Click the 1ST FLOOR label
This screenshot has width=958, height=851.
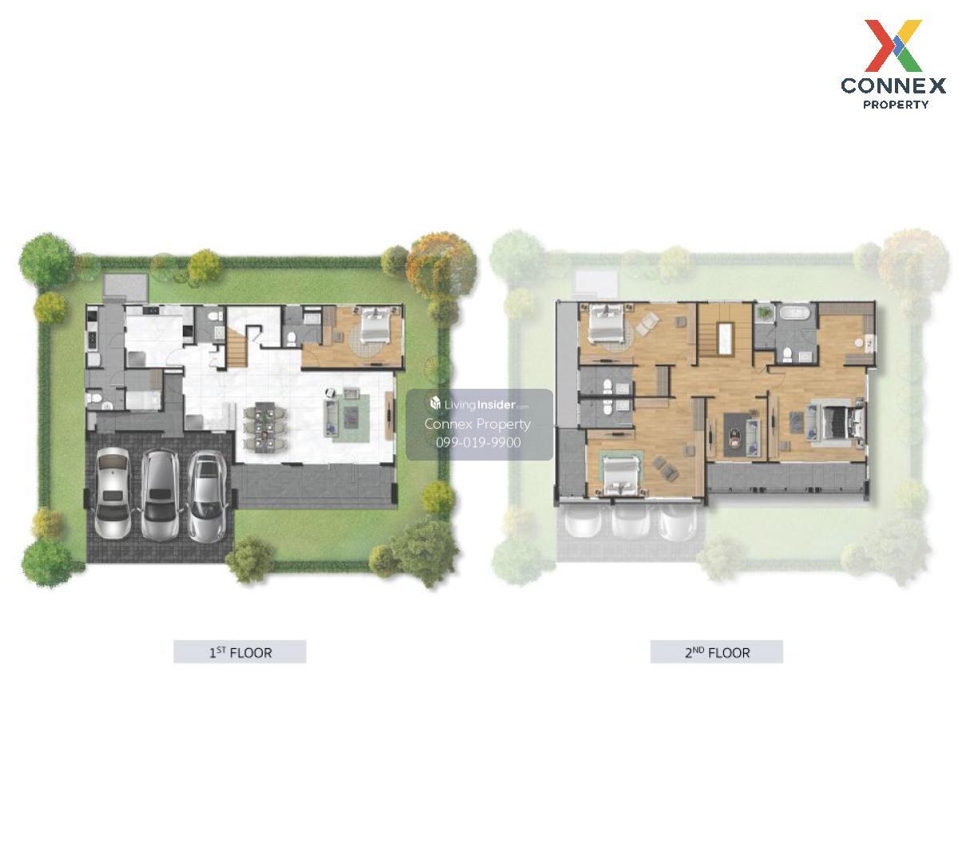click(x=239, y=652)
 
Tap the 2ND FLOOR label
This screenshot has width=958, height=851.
click(x=717, y=652)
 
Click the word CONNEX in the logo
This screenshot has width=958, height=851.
click(x=893, y=85)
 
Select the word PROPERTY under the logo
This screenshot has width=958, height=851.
click(x=896, y=105)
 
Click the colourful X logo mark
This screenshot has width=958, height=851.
click(x=893, y=46)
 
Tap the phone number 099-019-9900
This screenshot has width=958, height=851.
click(x=478, y=442)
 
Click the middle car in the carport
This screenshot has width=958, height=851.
click(x=160, y=494)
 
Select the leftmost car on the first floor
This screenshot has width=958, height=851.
click(x=113, y=493)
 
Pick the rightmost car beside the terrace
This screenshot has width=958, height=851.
click(x=206, y=496)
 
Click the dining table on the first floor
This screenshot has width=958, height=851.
click(x=264, y=427)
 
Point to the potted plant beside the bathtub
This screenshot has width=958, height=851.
click(x=762, y=313)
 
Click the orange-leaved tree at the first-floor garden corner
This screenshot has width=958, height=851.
click(x=440, y=267)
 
